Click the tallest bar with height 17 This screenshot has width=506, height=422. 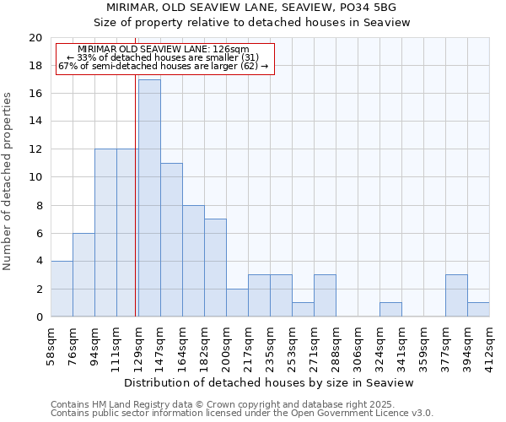coord(149,198)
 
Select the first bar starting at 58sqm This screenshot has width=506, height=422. coord(62,289)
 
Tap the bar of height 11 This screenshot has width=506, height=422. coord(171,240)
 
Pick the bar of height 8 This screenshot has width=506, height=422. coord(193,261)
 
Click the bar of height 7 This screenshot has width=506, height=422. coord(215,268)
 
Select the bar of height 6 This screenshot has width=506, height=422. coord(83,274)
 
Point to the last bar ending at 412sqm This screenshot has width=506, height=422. coord(478,310)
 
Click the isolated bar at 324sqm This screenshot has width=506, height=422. coord(390,310)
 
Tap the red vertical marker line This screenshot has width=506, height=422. coord(136,211)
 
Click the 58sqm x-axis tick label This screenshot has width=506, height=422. coord(51,346)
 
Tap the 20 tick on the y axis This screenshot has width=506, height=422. coord(35,38)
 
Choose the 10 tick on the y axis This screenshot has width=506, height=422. coord(35,177)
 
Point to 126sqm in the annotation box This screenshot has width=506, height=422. coord(233,50)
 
